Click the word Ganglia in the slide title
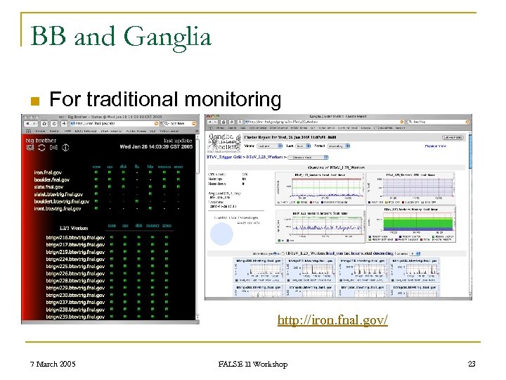[167, 35]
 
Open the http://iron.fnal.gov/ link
[332, 320]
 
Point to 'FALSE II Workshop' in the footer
[253, 364]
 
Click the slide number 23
[472, 364]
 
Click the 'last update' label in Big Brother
[178, 140]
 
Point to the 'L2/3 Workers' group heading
[74, 227]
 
